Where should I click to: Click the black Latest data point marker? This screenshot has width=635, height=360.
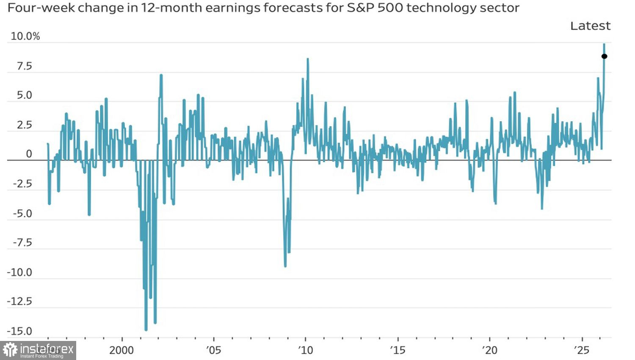605,56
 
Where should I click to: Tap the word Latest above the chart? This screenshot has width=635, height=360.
590,26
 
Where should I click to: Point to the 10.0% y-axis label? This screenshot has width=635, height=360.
25,36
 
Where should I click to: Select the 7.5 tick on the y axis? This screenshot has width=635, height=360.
24,66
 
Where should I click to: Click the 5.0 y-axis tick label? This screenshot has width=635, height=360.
24,95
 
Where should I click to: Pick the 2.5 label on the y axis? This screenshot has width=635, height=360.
24,125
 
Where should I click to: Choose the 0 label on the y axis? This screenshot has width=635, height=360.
29,154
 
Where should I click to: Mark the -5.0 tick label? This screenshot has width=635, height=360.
22,213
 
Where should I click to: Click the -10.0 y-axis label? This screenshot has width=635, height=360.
20,272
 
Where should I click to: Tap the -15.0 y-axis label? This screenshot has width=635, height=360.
20,331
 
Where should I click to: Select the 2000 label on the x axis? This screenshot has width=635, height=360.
121,350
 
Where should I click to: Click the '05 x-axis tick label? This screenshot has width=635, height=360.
214,350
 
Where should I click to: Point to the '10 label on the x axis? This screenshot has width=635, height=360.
306,350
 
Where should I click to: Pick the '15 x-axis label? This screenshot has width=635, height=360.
398,350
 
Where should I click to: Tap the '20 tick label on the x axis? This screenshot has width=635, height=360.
490,350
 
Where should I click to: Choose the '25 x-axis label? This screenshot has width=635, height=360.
582,350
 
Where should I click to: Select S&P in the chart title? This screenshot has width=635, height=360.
360,8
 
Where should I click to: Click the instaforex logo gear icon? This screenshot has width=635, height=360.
10,350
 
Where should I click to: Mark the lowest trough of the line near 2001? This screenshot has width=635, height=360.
146,329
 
